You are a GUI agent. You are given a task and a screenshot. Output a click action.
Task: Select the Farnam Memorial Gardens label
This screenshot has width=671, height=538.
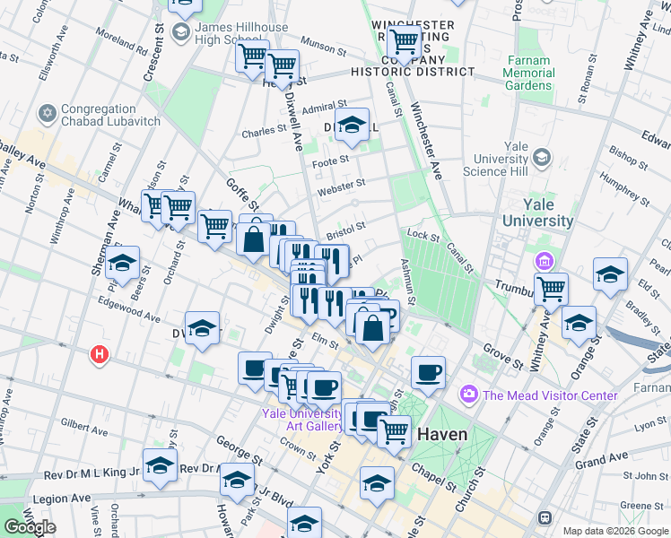click(529, 73)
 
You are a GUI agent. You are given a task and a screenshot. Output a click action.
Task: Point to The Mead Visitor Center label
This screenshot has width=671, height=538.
click(549, 395)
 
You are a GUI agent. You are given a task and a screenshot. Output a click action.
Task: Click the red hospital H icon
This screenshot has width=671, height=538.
click(99, 355)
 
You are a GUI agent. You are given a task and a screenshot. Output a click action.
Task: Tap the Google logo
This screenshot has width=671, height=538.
click(30, 527)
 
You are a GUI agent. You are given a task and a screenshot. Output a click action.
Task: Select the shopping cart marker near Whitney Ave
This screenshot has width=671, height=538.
click(551, 289)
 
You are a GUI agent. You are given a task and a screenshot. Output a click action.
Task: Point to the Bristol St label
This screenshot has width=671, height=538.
click(346, 231)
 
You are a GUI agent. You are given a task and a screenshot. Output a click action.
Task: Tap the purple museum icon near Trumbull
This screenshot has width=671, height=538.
click(544, 262)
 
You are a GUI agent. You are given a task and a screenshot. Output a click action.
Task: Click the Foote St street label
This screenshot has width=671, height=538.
click(330, 162)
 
